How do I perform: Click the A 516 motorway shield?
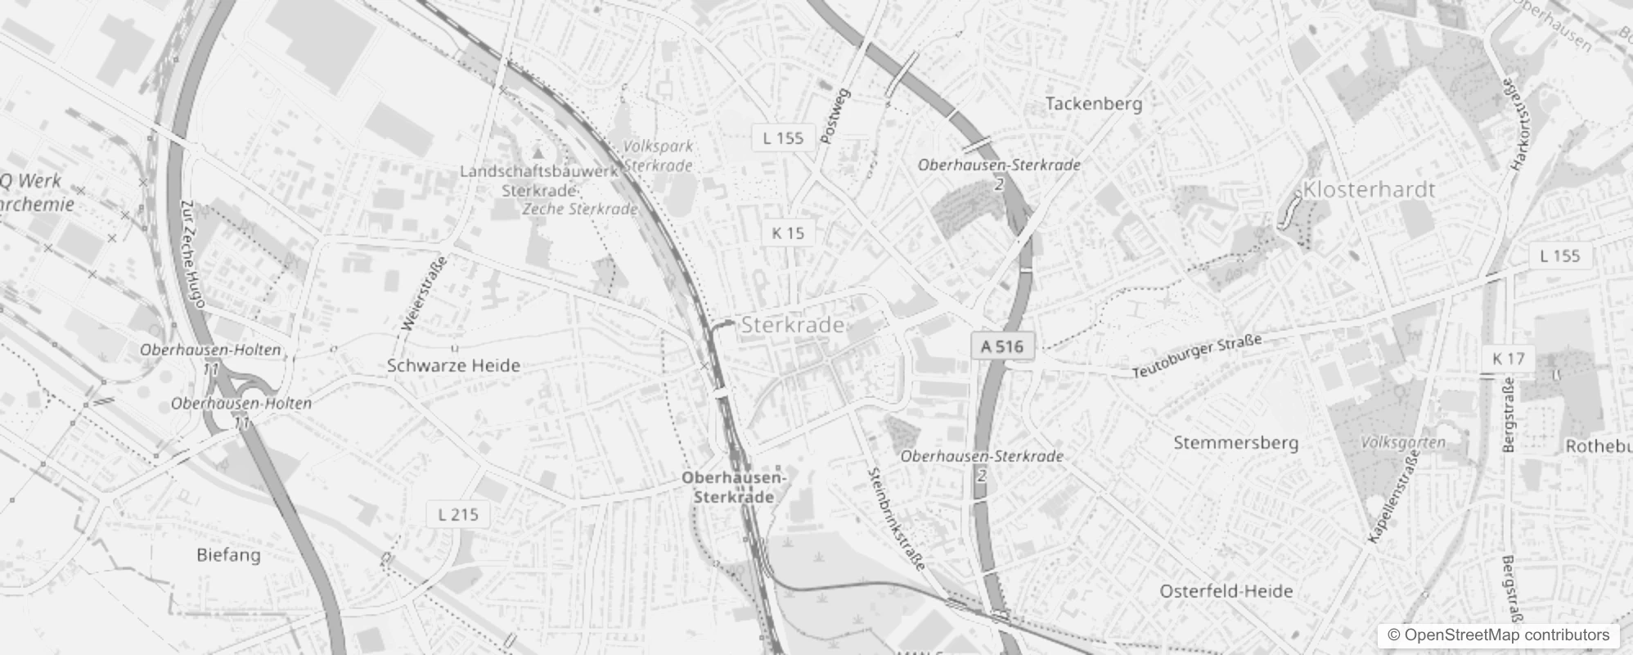point(1002,346)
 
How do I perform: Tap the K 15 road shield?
point(788,233)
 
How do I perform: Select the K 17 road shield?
point(1508,359)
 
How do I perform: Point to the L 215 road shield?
point(457,515)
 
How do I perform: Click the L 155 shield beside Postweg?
point(783,138)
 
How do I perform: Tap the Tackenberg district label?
point(1093,104)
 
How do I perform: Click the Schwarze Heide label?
point(453,366)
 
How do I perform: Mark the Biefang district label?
point(228,555)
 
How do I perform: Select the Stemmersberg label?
point(1235,443)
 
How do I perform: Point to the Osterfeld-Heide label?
point(1226,591)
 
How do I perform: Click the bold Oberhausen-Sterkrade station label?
point(734,487)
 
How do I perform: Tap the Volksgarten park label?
point(1403,442)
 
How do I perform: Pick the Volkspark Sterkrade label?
point(658,156)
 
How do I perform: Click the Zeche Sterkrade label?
point(579,209)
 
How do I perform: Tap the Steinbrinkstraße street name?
point(896,518)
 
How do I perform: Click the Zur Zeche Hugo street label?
point(193,255)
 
